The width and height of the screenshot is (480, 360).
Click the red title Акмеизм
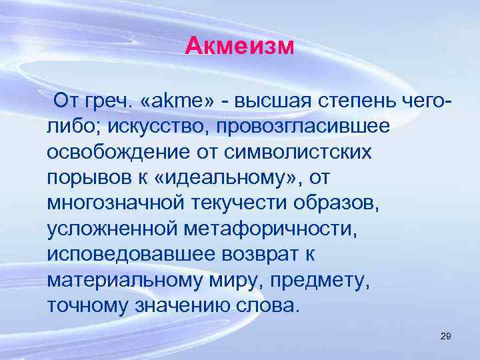pos(239,46)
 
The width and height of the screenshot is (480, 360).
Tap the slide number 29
pos(446,336)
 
